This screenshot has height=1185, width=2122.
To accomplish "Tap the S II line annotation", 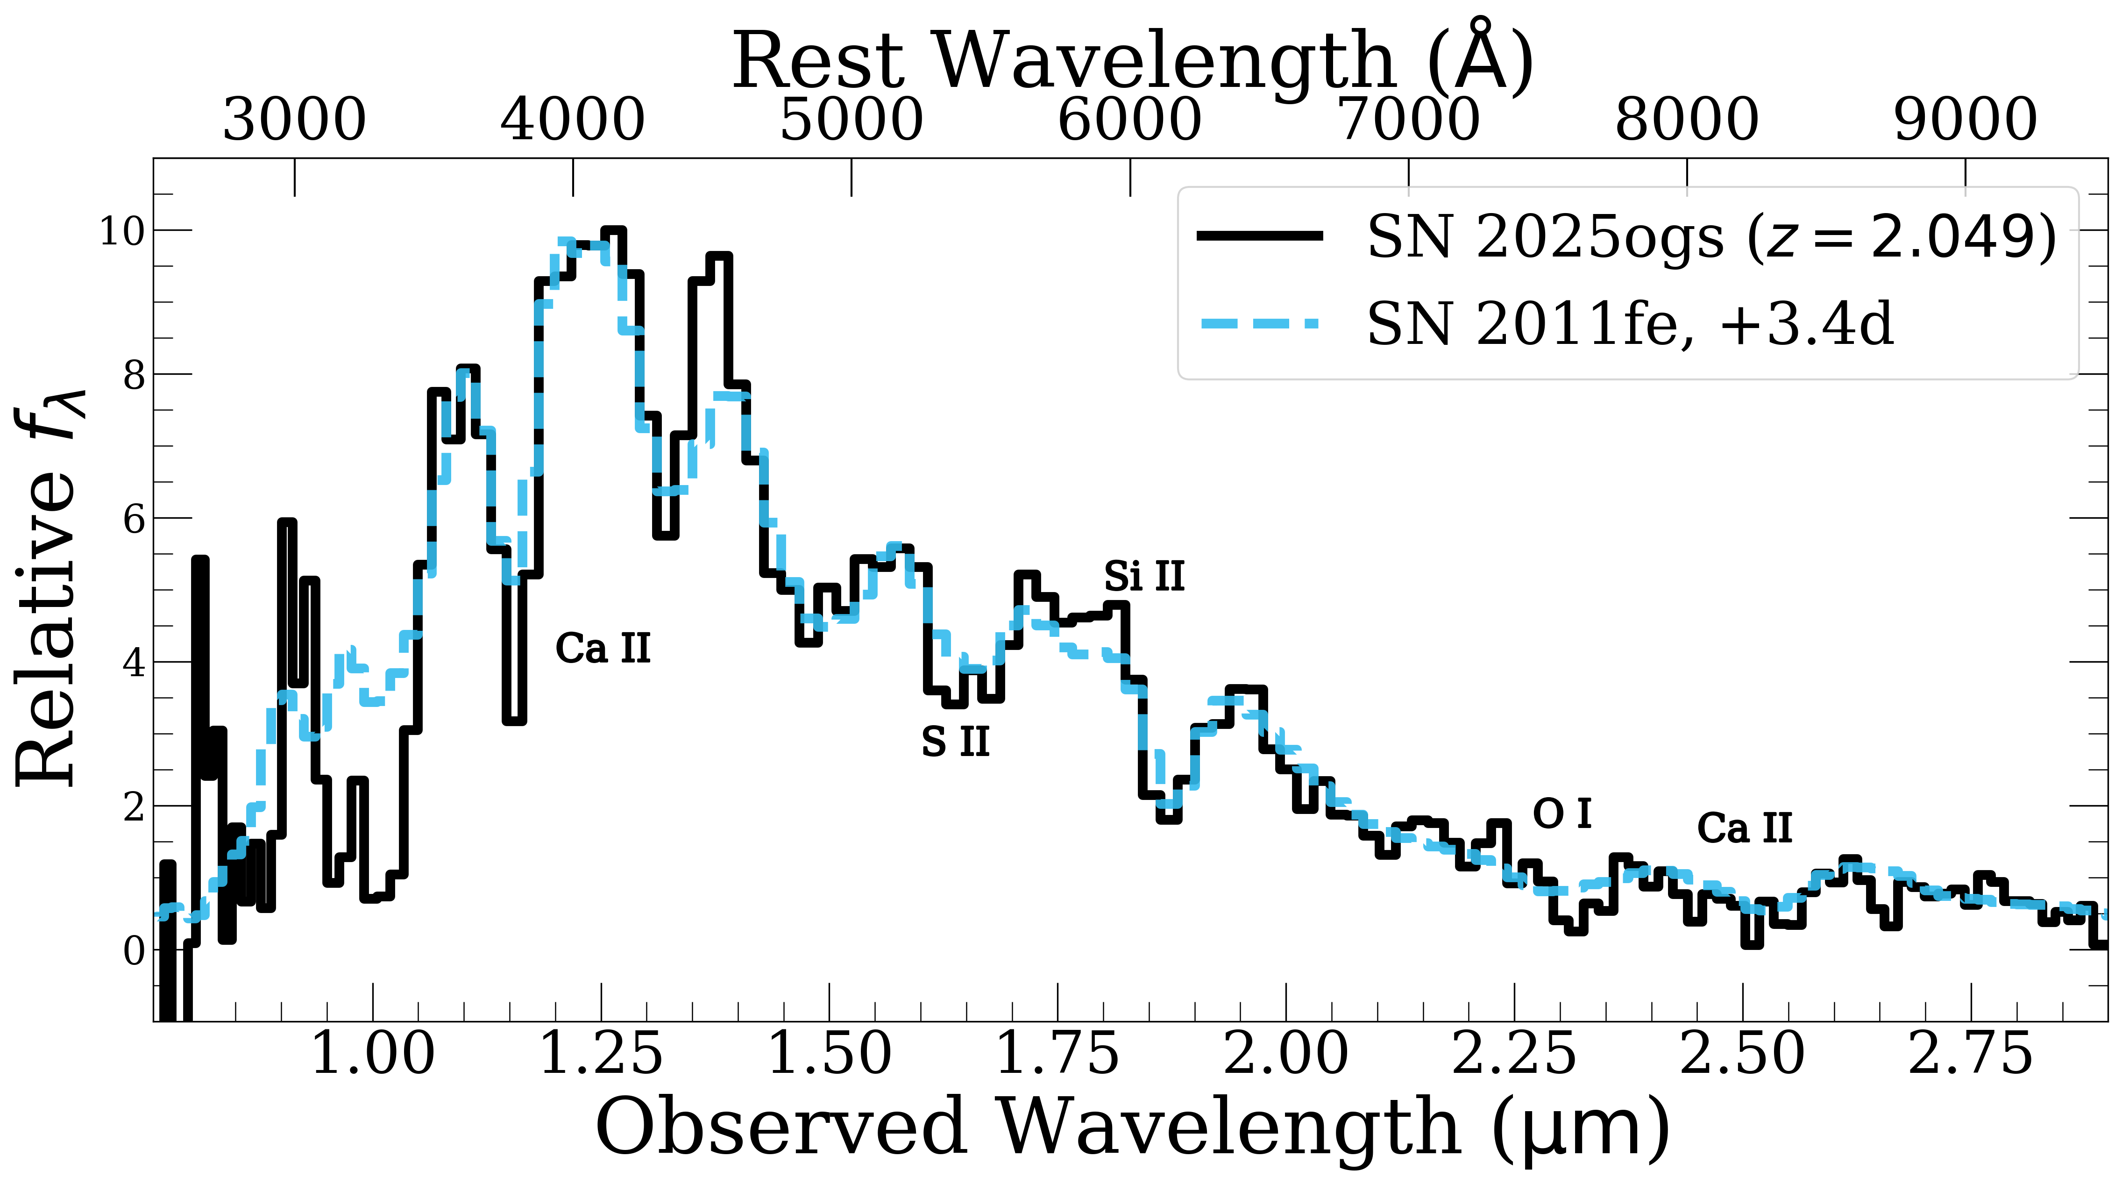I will click(x=955, y=742).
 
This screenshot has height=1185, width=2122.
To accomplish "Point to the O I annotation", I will click(x=1562, y=814).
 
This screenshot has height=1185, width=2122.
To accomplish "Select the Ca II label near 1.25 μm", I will click(x=603, y=649).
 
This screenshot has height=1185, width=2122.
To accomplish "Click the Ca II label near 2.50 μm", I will click(x=1745, y=828).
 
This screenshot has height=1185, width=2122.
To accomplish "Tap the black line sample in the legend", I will click(x=1260, y=236).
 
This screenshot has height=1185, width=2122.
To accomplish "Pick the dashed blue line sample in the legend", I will click(x=1260, y=324).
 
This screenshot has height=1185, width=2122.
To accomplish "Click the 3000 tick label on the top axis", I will click(x=294, y=120).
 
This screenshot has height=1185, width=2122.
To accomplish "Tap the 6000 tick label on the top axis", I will click(x=1129, y=120).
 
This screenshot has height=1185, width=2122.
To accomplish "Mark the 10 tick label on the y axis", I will click(x=122, y=232).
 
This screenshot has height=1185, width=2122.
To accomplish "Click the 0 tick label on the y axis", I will click(x=134, y=952).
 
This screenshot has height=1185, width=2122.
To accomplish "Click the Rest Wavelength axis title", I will click(x=1133, y=59).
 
